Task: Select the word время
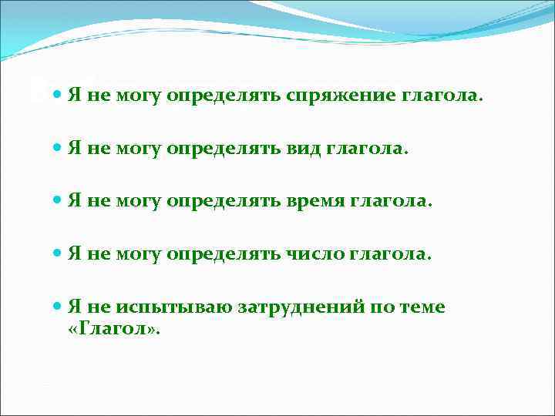318,202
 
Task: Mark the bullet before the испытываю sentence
59,306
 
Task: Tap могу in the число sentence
137,253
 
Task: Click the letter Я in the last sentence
74,306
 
